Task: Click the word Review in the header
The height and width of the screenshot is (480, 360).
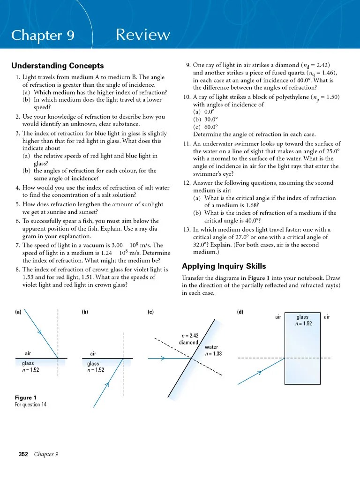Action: [142, 35]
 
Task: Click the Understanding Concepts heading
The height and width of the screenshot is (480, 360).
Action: [57, 66]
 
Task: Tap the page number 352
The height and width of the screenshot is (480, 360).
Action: [23, 454]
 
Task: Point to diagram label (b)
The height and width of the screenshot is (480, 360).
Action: [85, 312]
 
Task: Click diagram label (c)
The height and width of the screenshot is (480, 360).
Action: [150, 312]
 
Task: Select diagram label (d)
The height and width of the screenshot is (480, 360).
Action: [240, 312]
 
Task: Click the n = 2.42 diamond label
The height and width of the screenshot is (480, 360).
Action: [190, 339]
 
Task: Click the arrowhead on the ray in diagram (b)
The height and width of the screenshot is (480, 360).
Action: [106, 385]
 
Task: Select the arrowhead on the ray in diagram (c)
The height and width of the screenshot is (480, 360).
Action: [163, 359]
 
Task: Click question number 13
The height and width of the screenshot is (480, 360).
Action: [186, 230]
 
